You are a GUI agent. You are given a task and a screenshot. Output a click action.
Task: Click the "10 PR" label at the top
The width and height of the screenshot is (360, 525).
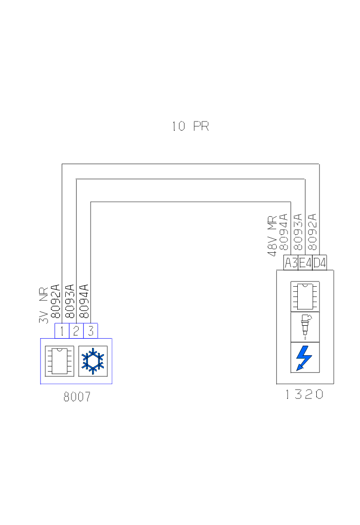(x=190, y=126)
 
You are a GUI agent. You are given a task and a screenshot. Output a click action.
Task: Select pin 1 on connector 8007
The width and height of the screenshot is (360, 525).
(x=62, y=330)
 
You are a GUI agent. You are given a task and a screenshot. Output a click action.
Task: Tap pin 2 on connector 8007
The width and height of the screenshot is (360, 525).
(x=76, y=330)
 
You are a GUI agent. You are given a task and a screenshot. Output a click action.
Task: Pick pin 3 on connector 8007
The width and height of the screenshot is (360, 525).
(x=91, y=330)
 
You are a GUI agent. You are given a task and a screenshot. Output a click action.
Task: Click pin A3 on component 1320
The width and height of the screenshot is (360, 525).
(x=291, y=262)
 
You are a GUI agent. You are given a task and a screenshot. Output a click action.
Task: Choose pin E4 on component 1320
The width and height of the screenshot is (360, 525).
(x=305, y=262)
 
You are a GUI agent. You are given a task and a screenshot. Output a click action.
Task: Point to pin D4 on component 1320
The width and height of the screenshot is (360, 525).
(x=319, y=262)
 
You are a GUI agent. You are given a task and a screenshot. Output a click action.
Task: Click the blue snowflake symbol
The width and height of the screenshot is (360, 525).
(x=93, y=361)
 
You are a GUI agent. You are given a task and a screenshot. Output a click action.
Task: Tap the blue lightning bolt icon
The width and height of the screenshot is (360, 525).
(x=305, y=358)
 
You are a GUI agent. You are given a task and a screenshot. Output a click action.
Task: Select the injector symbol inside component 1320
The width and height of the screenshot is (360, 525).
(x=305, y=326)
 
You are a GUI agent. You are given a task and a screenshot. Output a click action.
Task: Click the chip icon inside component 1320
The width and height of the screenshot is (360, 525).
(x=305, y=296)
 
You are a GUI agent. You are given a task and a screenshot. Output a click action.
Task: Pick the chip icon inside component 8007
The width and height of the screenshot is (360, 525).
(x=60, y=361)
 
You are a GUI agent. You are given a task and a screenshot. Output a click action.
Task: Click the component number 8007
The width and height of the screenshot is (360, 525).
(x=77, y=397)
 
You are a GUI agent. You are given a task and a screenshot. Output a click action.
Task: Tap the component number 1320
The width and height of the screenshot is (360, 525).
(x=304, y=395)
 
